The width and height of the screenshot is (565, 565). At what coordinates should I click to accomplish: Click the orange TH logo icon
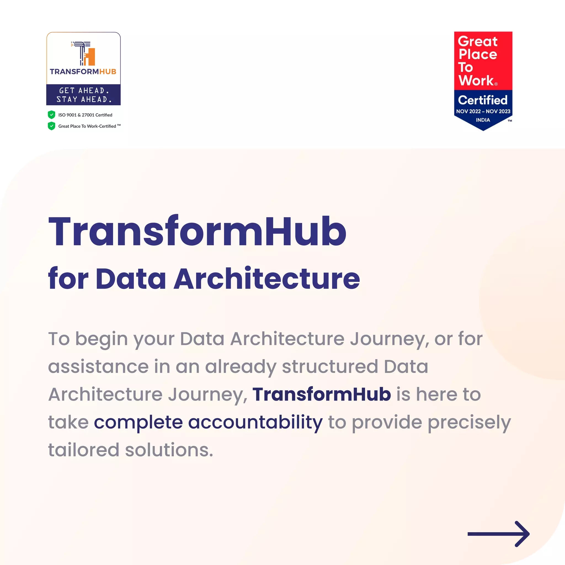pyautogui.click(x=84, y=54)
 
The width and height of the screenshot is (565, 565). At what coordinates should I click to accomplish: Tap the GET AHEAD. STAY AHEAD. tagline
pyautogui.click(x=84, y=95)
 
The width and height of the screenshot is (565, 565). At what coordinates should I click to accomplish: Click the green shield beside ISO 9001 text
pyautogui.click(x=52, y=115)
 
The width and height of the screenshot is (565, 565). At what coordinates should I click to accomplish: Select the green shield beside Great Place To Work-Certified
pyautogui.click(x=52, y=126)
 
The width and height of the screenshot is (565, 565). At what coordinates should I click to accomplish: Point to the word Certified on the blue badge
pyautogui.click(x=483, y=100)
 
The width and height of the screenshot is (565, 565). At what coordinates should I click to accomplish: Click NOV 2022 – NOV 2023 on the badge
pyautogui.click(x=483, y=111)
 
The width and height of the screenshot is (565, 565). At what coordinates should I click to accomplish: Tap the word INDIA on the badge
pyautogui.click(x=483, y=120)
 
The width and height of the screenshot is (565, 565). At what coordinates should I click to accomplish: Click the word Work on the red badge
pyautogui.click(x=476, y=81)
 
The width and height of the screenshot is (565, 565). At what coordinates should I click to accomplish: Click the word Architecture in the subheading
pyautogui.click(x=267, y=279)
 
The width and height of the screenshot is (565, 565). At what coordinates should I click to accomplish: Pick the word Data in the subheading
pyautogui.click(x=131, y=279)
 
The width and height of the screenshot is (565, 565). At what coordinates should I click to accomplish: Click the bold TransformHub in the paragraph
pyautogui.click(x=322, y=394)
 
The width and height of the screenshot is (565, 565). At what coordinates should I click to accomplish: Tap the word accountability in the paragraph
pyautogui.click(x=255, y=422)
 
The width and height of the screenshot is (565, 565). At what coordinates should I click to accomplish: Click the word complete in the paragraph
pyautogui.click(x=138, y=423)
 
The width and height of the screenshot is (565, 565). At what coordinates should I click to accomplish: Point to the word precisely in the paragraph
pyautogui.click(x=469, y=423)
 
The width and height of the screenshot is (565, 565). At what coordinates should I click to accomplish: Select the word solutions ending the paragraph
pyautogui.click(x=169, y=450)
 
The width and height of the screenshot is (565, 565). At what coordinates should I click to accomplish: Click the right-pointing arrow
pyautogui.click(x=498, y=534)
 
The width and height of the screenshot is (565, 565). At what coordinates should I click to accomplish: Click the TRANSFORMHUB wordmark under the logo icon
pyautogui.click(x=83, y=72)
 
